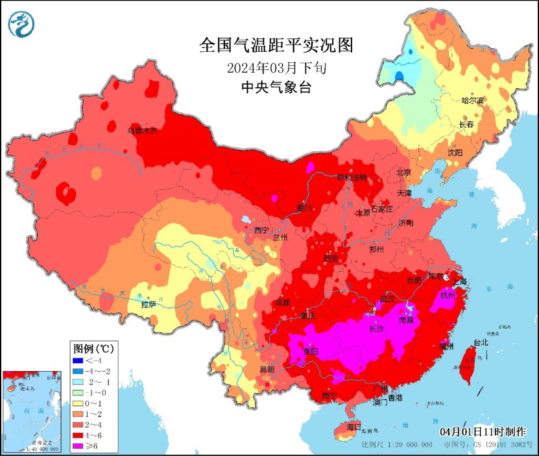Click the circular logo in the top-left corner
click(x=21, y=25)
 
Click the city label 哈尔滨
click(x=473, y=101)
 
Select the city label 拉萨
click(x=149, y=303)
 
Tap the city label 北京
click(x=403, y=173)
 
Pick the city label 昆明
click(x=267, y=370)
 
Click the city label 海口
click(x=353, y=427)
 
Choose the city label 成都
click(x=282, y=302)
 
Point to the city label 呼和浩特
click(x=351, y=178)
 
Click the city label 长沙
click(x=377, y=329)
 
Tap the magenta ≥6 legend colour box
click(x=78, y=446)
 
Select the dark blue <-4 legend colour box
click(x=78, y=361)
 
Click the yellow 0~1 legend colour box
click(x=78, y=403)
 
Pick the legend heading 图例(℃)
click(x=93, y=348)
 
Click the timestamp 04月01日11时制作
click(x=483, y=431)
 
